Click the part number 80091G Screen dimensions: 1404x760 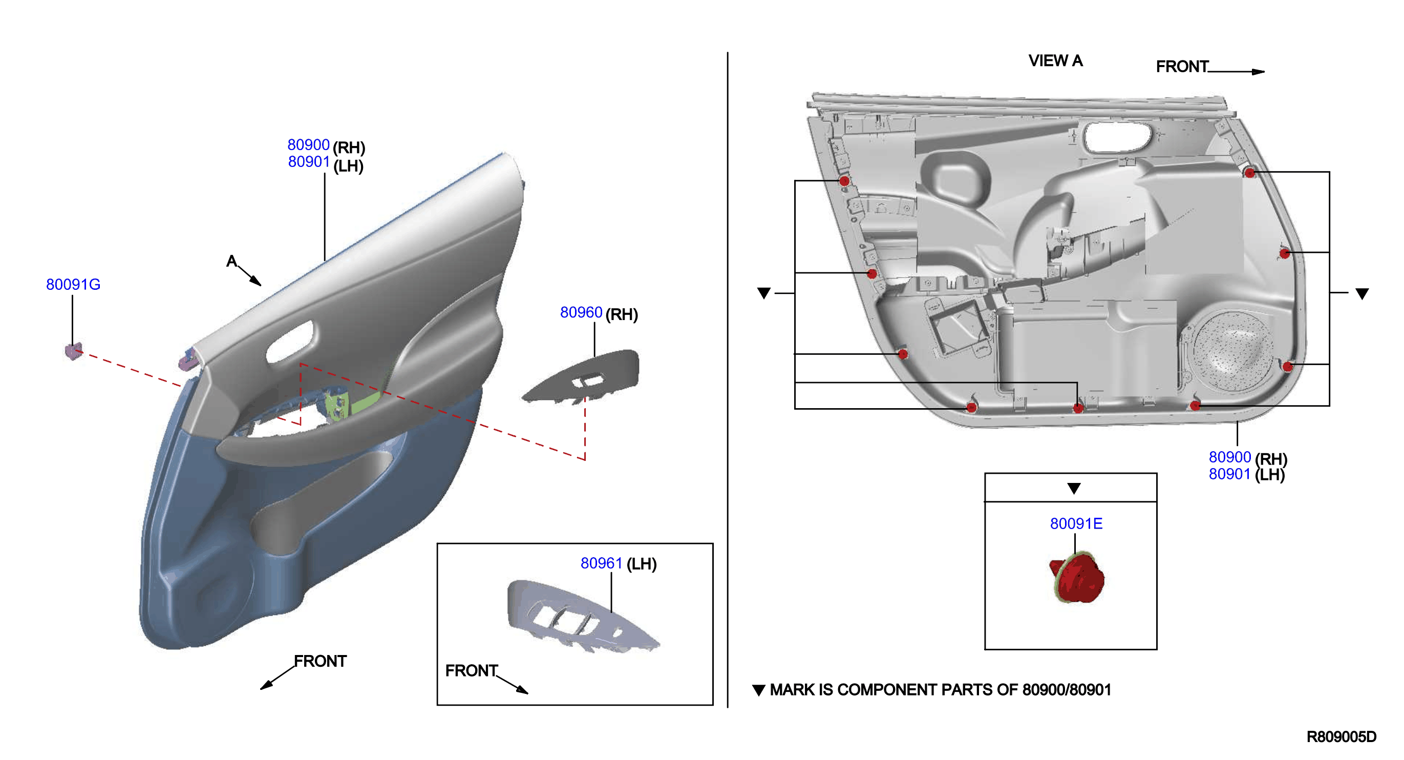point(73,284)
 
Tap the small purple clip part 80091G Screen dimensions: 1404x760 point(74,351)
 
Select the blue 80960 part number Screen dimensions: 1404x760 point(581,312)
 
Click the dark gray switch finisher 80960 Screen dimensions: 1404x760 point(583,376)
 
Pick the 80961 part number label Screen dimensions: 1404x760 point(601,563)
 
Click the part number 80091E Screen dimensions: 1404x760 point(1076,523)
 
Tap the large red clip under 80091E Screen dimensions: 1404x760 point(1076,578)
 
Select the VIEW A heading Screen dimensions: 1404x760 point(1055,60)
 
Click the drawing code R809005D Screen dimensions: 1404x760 point(1342,736)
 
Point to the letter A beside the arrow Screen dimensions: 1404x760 point(231,261)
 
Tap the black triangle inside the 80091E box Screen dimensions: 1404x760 point(1074,488)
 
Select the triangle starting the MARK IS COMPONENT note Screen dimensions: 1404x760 point(759,690)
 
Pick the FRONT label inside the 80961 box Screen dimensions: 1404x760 point(471,670)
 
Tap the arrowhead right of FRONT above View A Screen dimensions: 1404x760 point(1258,71)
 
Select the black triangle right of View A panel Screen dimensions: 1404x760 point(1362,294)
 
